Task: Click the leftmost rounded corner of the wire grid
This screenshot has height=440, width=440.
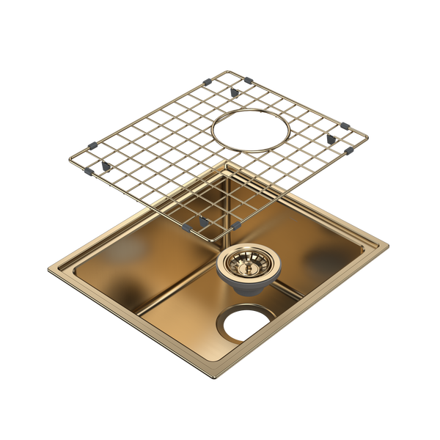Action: tap(68, 159)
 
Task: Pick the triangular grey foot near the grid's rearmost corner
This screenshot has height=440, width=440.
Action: tap(232, 94)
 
